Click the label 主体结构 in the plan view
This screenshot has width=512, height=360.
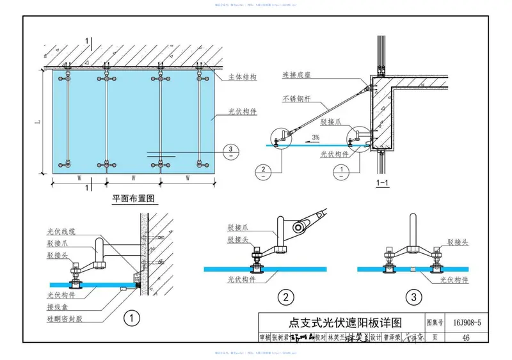tap(243, 77)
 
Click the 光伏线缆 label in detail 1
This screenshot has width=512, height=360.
tap(61, 232)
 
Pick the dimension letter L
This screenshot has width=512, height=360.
tap(38, 121)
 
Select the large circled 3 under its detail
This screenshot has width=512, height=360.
tap(416, 297)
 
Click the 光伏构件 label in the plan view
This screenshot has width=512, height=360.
tap(243, 111)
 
